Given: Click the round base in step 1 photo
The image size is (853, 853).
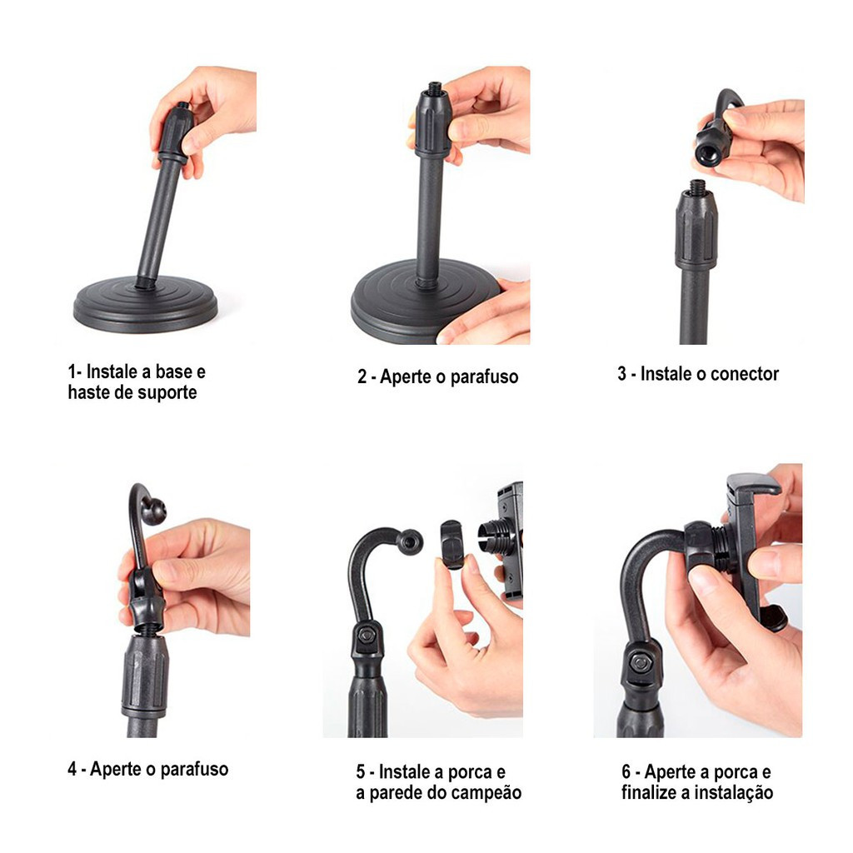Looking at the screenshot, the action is click(145, 305).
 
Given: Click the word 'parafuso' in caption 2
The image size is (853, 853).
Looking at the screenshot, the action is click(484, 377).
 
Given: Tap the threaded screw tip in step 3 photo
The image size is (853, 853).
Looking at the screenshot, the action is click(697, 187).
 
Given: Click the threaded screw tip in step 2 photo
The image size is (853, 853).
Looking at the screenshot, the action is click(433, 87).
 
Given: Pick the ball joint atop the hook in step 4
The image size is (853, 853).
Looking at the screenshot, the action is click(153, 511).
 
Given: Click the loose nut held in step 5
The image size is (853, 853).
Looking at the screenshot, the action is click(451, 545).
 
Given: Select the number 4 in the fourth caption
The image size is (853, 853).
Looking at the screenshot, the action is click(72, 769).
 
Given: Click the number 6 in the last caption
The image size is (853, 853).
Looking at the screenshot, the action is click(626, 772).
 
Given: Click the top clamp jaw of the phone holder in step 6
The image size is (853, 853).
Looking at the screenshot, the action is click(754, 484).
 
